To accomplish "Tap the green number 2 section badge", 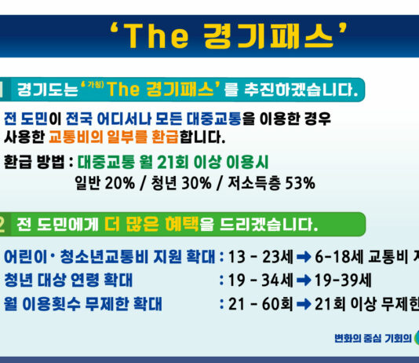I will (x=3, y=225).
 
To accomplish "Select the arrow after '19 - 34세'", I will (x=304, y=280).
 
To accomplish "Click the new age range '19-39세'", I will (x=341, y=280).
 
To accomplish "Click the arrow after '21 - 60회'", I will (x=304, y=303).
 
